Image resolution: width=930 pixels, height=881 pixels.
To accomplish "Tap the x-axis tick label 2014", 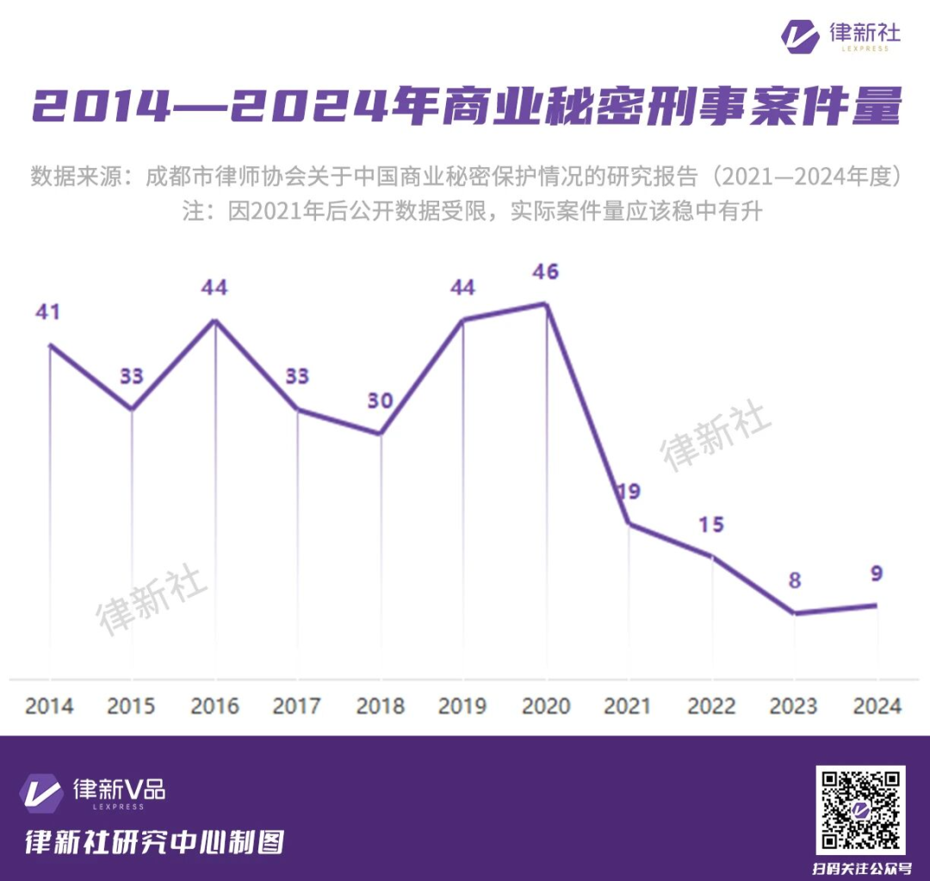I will pyautogui.click(x=49, y=706).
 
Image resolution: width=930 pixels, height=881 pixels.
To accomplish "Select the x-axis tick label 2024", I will pyautogui.click(x=877, y=706).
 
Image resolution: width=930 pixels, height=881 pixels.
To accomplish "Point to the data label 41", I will pyautogui.click(x=48, y=312).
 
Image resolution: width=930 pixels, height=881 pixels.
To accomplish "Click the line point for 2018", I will pyautogui.click(x=380, y=433).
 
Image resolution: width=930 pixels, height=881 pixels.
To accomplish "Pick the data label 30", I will pyautogui.click(x=380, y=401).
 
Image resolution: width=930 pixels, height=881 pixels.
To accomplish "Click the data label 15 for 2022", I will pyautogui.click(x=711, y=524).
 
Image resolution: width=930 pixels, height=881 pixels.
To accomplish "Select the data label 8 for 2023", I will pyautogui.click(x=794, y=580).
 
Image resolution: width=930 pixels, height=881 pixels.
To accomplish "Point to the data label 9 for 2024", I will pyautogui.click(x=877, y=574).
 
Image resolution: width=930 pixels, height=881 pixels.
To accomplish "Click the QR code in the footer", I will pyautogui.click(x=860, y=810).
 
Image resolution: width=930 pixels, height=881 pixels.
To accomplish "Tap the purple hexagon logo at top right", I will pyautogui.click(x=800, y=34).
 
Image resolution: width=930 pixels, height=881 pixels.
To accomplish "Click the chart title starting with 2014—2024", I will pyautogui.click(x=466, y=108).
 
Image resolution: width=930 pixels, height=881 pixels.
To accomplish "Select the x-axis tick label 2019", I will pyautogui.click(x=462, y=706).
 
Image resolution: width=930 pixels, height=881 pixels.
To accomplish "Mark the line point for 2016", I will pyautogui.click(x=214, y=320).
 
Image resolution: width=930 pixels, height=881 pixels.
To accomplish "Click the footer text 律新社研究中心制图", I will pyautogui.click(x=154, y=841).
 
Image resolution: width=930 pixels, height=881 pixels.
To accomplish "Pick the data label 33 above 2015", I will pyautogui.click(x=132, y=377).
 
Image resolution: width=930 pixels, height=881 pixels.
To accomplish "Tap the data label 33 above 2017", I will pyautogui.click(x=297, y=377).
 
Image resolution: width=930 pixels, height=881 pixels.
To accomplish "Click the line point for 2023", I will pyautogui.click(x=794, y=613).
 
